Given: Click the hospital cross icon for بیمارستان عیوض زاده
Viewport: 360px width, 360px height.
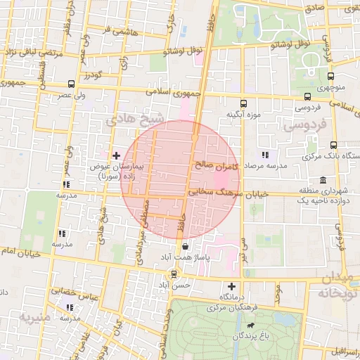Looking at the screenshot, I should click(x=116, y=155).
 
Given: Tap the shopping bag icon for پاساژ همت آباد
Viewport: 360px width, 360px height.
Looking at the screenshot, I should click(x=185, y=247).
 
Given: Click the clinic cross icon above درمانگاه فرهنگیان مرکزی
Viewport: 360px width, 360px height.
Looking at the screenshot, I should click(x=232, y=286).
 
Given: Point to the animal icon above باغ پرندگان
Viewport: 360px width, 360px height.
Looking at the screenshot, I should click(x=250, y=326).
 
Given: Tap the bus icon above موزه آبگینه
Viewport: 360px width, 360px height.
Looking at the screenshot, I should click(x=243, y=103).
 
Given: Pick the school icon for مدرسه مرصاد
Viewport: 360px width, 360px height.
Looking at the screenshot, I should click(x=265, y=155).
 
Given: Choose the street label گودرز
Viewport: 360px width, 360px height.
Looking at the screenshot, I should click(x=91, y=75).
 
